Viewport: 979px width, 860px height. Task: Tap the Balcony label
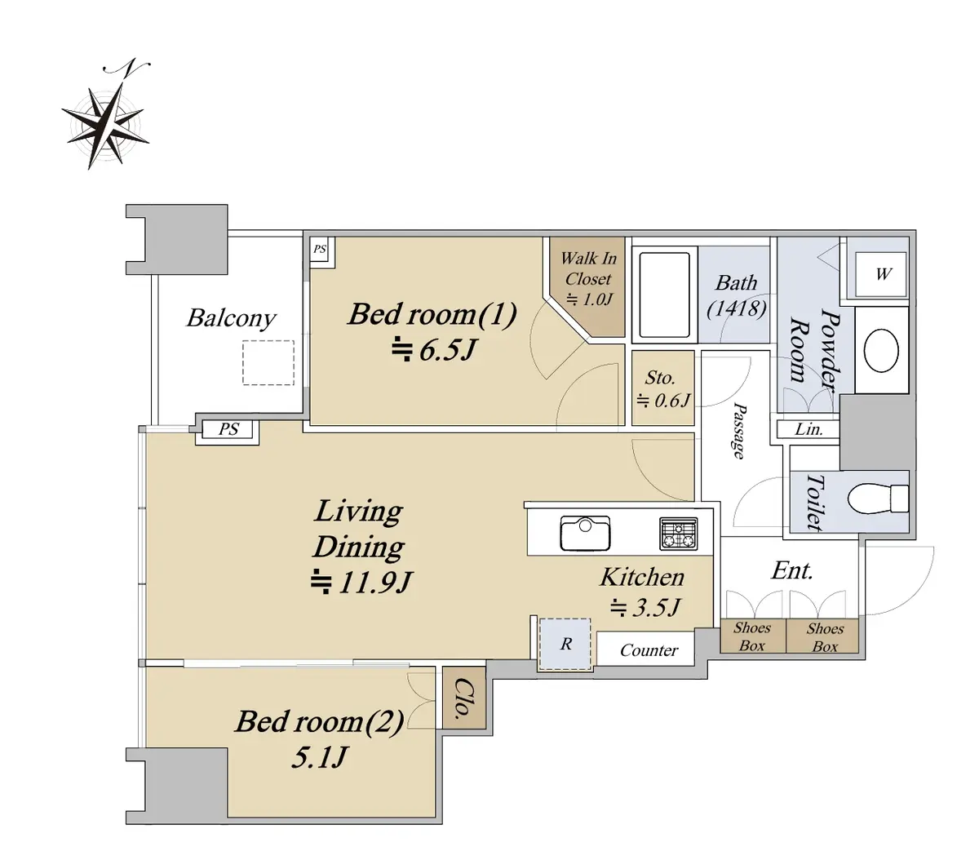coord(231,318)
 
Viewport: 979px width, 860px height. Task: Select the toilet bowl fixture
coord(878,498)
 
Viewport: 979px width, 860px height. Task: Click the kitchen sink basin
coord(585,533)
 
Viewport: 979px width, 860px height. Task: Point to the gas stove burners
coord(678,534)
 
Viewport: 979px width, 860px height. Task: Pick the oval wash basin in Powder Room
coord(881,351)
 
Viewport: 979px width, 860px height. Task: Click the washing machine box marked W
coord(881,273)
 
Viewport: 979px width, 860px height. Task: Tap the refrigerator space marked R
coord(565,644)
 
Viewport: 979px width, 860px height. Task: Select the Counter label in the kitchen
coord(649,650)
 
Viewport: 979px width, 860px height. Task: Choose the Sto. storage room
coord(662,388)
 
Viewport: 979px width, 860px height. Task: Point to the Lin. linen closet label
coord(808,429)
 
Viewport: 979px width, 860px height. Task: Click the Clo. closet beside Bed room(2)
coord(464,698)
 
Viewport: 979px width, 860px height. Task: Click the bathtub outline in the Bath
coord(664,295)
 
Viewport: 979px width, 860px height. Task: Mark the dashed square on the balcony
coord(268,362)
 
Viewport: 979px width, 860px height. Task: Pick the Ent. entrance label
coord(791,571)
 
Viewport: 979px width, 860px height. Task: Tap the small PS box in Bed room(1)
coord(320,250)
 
